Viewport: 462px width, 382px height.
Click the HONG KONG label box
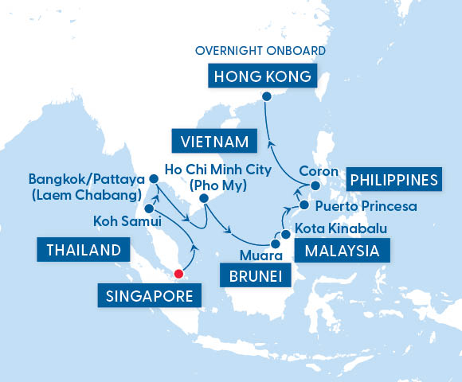261,76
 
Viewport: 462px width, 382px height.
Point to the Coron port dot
315,186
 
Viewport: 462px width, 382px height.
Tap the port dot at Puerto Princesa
303,207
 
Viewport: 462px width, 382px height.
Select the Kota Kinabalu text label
341,229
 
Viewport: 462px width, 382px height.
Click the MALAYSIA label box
343,252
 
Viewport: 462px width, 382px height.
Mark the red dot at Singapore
178,275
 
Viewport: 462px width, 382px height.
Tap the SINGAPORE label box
150,298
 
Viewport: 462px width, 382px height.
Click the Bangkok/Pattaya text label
85,177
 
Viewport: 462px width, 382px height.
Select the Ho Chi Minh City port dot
205,198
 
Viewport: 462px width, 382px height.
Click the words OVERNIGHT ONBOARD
260,51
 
